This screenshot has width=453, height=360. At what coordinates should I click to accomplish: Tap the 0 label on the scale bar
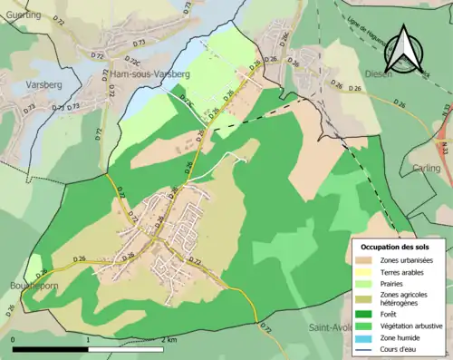(14, 339)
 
